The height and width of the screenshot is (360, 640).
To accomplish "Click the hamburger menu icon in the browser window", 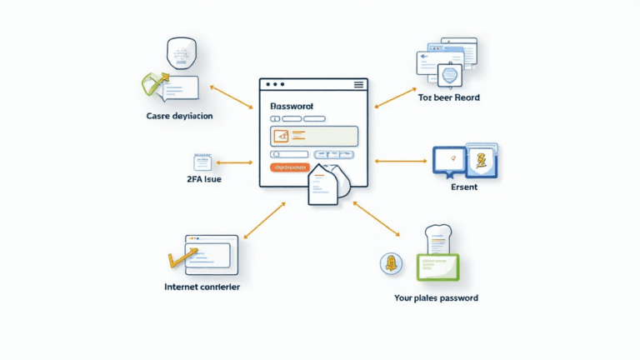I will click(359, 85).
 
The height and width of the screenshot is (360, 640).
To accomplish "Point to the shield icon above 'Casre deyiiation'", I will click(180, 52).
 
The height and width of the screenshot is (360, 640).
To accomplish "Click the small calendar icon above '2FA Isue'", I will click(201, 162).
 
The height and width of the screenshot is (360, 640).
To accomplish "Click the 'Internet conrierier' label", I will click(202, 287).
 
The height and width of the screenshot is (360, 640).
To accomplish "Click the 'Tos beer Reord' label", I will click(448, 97).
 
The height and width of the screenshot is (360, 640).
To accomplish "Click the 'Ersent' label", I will click(463, 187).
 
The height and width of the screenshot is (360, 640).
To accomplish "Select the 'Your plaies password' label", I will click(435, 297).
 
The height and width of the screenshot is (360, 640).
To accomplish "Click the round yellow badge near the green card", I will click(389, 264).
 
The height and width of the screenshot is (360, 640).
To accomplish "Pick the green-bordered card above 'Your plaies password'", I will click(436, 266).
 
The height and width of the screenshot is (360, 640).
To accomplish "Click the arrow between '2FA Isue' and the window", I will click(234, 162).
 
